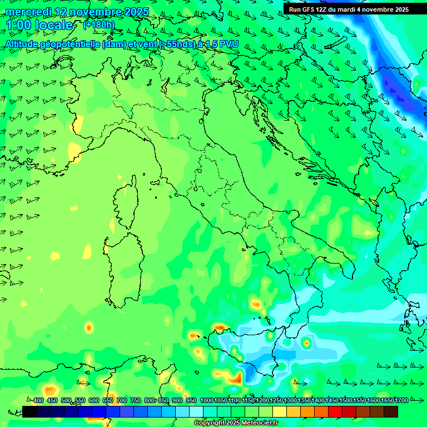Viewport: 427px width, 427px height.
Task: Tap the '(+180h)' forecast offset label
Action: pos(99,24)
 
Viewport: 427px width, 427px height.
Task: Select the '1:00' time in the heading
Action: pos(18,26)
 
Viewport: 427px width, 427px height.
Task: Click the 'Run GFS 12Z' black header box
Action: pos(349,9)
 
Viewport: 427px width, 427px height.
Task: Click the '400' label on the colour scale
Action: pos(38,401)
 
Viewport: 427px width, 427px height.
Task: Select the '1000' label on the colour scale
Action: pos(206,401)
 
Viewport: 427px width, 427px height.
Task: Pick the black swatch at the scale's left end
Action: pos(29,411)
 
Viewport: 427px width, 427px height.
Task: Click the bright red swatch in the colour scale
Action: pos(335,411)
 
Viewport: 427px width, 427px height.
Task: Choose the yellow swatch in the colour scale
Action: pos(280,411)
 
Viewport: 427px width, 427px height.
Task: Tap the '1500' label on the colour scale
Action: pos(346,401)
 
